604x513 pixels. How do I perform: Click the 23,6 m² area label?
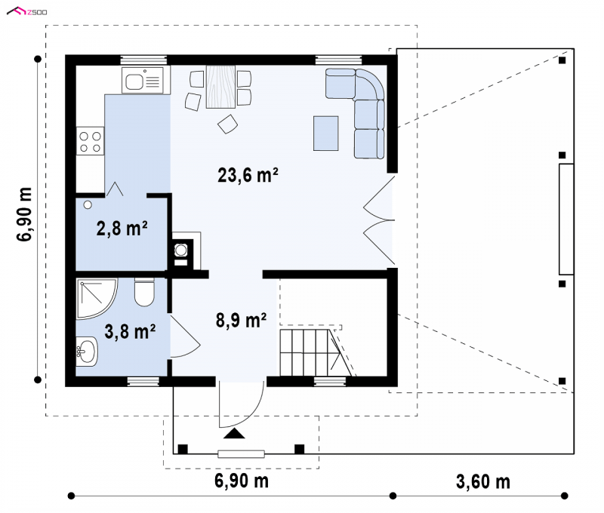[x=248, y=175]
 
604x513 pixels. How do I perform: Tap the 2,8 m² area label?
[x=122, y=229]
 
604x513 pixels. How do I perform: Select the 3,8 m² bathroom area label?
[x=130, y=331]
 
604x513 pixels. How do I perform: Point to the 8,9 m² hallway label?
[x=241, y=320]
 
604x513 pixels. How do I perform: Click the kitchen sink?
[x=143, y=81]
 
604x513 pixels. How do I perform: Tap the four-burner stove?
[x=90, y=141]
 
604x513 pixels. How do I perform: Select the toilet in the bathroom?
[x=144, y=292]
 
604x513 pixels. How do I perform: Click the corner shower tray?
[x=97, y=299]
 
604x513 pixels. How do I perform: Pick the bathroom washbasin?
[x=87, y=351]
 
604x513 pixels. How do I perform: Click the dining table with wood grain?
[x=220, y=87]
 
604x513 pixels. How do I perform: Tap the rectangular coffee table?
[x=326, y=134]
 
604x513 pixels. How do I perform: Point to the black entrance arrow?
[x=234, y=434]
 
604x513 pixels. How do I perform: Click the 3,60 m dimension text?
[x=483, y=481]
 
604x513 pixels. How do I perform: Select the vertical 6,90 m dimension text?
[x=24, y=214]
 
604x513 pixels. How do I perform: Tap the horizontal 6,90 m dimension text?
[x=242, y=481]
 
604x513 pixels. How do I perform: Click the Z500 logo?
[x=27, y=12]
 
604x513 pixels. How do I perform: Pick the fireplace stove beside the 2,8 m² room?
[x=180, y=253]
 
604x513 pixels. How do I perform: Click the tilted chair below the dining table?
[x=228, y=124]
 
